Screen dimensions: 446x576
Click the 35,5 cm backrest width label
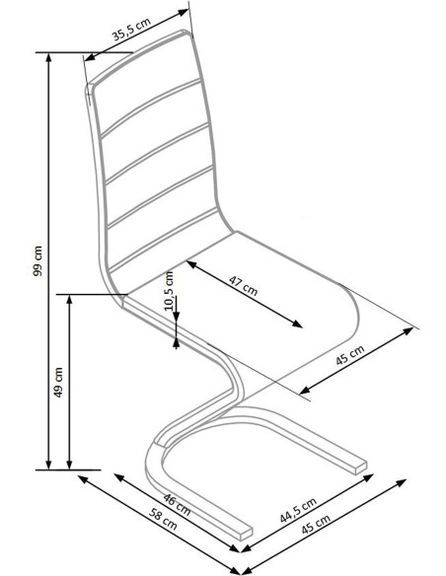[x=131, y=29]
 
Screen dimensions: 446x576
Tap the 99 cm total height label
[x=37, y=260]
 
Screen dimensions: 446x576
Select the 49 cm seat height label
[x=58, y=382]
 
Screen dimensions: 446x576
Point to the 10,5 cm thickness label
[x=169, y=291]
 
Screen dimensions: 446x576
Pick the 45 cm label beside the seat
[x=350, y=356]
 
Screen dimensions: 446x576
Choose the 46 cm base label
[x=177, y=505]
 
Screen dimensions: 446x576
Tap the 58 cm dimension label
[x=163, y=519]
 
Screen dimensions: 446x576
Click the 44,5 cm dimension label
[x=298, y=510]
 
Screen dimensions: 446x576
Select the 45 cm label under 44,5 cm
[x=316, y=525]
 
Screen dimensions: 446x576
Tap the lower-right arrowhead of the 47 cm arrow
[x=297, y=324]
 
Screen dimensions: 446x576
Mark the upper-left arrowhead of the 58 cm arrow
[x=83, y=478]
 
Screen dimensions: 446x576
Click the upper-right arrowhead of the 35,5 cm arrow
[x=184, y=12]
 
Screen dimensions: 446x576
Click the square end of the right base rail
[x=360, y=467]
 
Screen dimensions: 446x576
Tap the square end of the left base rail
[x=247, y=534]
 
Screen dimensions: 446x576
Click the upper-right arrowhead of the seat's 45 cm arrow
[x=409, y=331]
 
